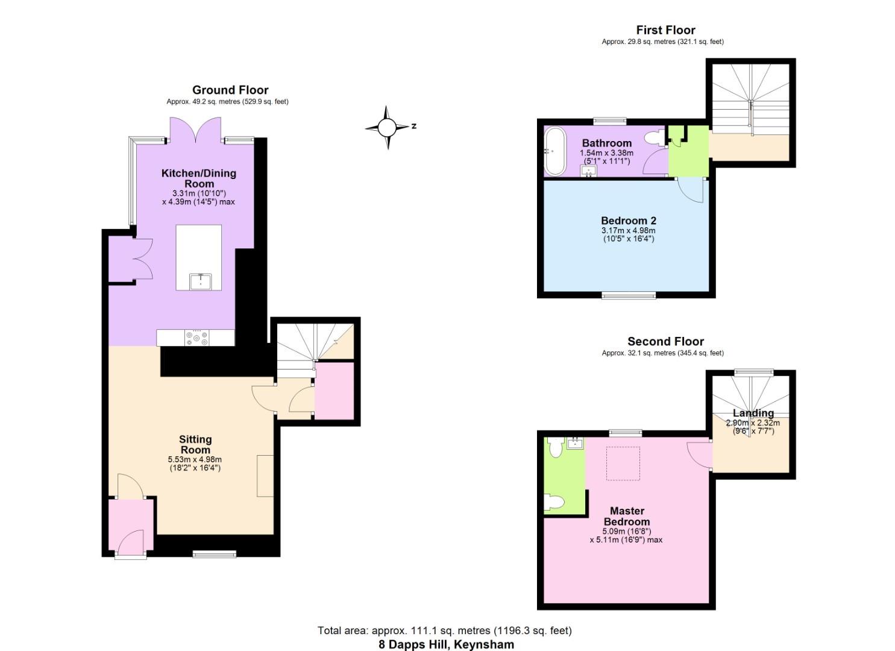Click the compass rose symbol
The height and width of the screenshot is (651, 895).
click(387, 127)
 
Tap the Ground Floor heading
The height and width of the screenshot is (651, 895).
click(230, 90)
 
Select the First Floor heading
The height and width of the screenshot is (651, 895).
click(665, 30)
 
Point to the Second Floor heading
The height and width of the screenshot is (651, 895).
click(665, 341)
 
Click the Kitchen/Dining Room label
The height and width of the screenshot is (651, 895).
click(198, 178)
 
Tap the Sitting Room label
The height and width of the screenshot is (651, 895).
click(195, 445)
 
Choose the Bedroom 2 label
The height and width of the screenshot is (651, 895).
click(628, 221)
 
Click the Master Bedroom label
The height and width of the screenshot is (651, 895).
click(627, 517)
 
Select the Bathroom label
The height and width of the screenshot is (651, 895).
click(606, 143)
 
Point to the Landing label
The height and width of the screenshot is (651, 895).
click(753, 413)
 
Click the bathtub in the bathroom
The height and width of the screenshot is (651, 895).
click(555, 151)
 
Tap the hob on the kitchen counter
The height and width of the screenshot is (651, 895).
click(197, 338)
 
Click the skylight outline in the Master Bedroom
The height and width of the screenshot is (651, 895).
click(623, 464)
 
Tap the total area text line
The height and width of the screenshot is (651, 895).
click(445, 631)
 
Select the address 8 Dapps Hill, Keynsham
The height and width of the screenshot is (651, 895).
click(446, 644)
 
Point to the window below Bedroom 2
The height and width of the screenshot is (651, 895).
click(629, 295)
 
